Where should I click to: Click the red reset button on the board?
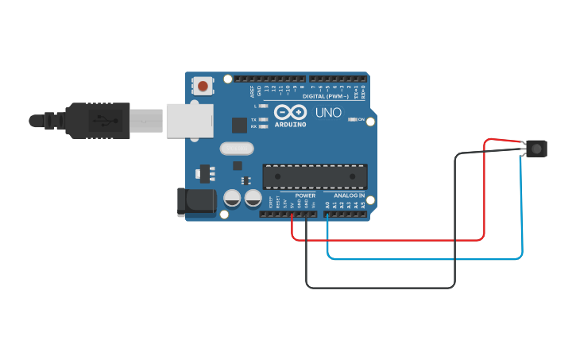pos(203,86)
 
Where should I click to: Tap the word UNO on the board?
pos(328,113)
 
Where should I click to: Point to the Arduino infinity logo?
pos(291,112)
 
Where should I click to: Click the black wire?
pos(381,287)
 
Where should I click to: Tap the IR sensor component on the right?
pos(538,148)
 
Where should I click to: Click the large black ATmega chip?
pos(315,176)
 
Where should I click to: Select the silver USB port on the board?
pos(189,120)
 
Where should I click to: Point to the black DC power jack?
pos(197,202)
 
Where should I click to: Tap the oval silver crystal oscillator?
pos(236,149)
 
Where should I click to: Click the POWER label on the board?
pos(305,195)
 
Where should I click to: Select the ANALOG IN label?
pos(349,195)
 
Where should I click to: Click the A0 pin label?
pos(327,205)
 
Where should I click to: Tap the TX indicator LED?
pos(264,119)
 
